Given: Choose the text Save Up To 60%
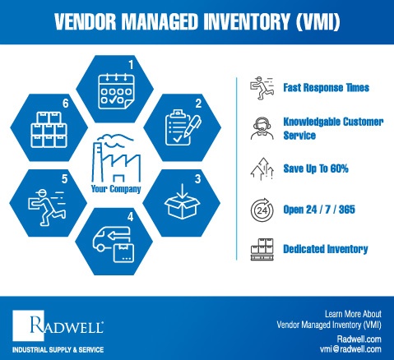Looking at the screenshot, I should click(x=310, y=168).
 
